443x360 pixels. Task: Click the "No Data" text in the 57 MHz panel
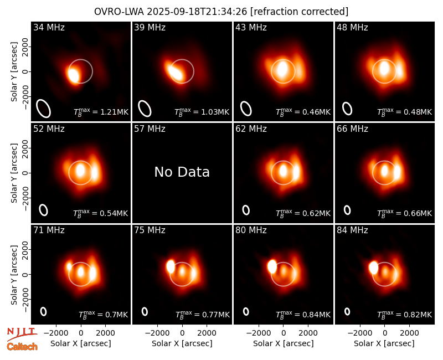[182, 172]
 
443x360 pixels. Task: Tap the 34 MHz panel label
[49, 27]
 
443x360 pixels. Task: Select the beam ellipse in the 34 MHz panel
[44, 109]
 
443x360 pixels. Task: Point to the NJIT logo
[22, 333]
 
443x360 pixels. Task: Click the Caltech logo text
[22, 347]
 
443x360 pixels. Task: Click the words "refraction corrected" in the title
[300, 12]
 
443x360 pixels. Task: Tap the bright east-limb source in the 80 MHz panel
[272, 266]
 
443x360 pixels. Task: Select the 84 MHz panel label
[352, 230]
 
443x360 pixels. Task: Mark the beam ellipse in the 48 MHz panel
[347, 109]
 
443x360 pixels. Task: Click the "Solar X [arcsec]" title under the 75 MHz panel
[182, 343]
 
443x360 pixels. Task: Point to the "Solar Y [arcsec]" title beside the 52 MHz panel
[14, 173]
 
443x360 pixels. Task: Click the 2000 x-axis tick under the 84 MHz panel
[409, 333]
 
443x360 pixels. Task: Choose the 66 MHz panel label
[352, 129]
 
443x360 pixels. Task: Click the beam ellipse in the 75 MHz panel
[145, 311]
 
